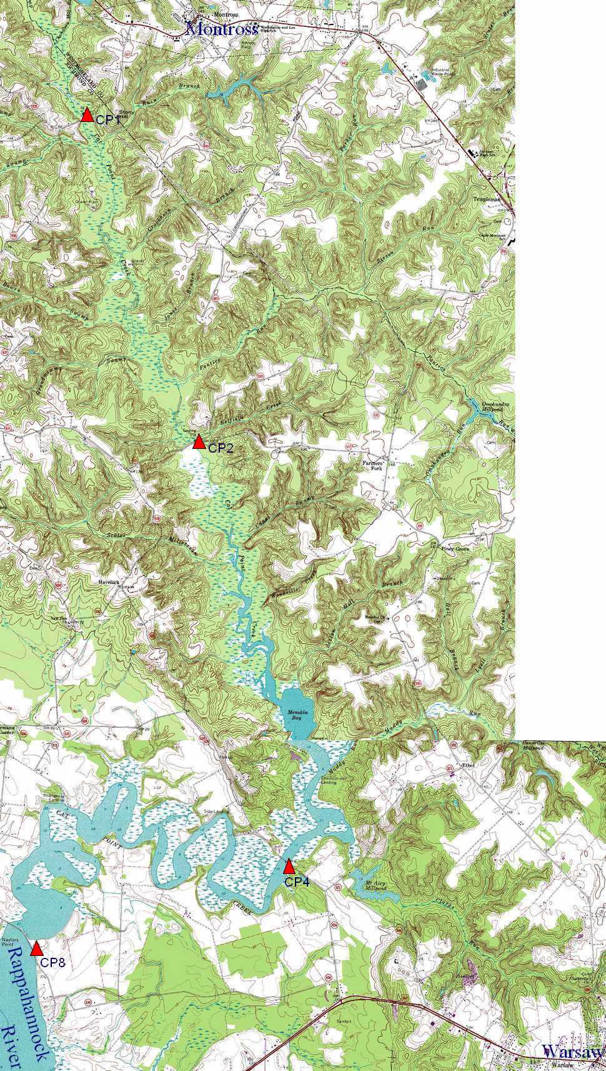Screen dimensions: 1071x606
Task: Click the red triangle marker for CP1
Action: (87, 114)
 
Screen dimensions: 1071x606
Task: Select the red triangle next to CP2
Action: (199, 442)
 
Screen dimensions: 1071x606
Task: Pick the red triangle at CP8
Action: (36, 948)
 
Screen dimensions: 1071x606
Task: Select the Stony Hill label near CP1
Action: (126, 114)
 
